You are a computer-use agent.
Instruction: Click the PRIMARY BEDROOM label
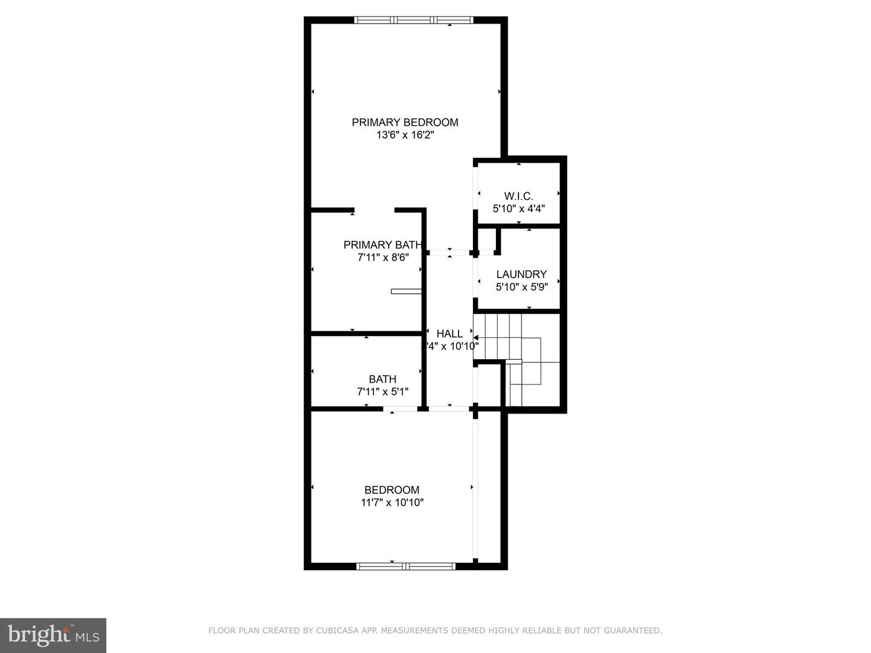point(405,122)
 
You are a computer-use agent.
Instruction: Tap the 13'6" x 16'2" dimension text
point(405,135)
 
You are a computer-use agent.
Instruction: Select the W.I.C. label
point(518,196)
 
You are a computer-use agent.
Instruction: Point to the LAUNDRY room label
point(521,274)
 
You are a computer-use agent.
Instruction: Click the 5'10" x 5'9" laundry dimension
point(521,287)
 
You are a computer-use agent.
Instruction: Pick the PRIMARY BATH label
point(382,245)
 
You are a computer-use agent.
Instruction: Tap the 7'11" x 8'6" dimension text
point(383,258)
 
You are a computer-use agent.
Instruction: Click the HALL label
point(449,333)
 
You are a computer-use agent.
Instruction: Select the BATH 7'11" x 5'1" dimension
point(383,392)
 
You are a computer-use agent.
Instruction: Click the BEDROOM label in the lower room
point(391,490)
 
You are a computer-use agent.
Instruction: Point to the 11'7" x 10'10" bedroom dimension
point(392,502)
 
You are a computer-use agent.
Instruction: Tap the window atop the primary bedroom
point(414,20)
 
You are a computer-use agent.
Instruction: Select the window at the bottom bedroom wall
point(405,567)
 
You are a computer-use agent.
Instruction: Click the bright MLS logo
point(53,635)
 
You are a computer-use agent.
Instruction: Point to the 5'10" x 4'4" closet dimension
point(518,209)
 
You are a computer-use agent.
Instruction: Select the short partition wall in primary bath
point(406,291)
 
